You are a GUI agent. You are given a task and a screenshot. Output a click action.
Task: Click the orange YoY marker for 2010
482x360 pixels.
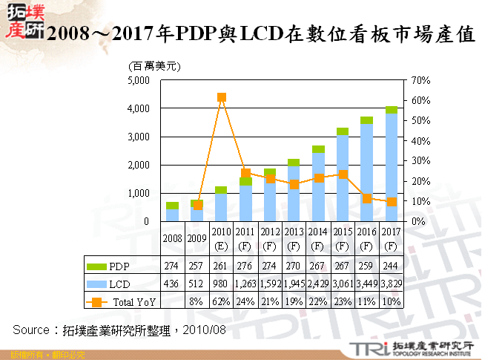click(x=221, y=97)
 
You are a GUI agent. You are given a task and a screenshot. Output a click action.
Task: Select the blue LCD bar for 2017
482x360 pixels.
click(x=391, y=167)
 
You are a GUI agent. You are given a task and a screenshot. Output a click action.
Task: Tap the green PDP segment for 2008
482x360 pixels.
click(x=172, y=206)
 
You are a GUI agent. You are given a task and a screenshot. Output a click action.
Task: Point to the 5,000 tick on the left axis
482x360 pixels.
click(x=139, y=80)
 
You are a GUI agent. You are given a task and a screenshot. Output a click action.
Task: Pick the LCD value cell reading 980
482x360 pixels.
click(x=221, y=284)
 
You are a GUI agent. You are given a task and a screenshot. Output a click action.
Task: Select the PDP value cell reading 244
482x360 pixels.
click(x=391, y=266)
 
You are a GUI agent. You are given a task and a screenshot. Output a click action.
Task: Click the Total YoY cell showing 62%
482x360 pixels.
click(x=221, y=301)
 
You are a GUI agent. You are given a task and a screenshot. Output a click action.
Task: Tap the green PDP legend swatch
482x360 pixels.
click(x=97, y=266)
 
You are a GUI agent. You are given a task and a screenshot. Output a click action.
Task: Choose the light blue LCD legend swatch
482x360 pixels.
click(x=97, y=284)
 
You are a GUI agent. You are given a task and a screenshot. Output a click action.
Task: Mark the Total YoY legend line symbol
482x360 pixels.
click(x=97, y=301)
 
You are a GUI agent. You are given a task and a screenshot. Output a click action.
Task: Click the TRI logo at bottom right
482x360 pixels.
click(x=363, y=347)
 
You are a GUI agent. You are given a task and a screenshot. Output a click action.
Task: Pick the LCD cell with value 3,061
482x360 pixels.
click(x=343, y=284)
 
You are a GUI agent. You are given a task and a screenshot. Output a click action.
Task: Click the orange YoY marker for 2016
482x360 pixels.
click(x=366, y=198)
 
